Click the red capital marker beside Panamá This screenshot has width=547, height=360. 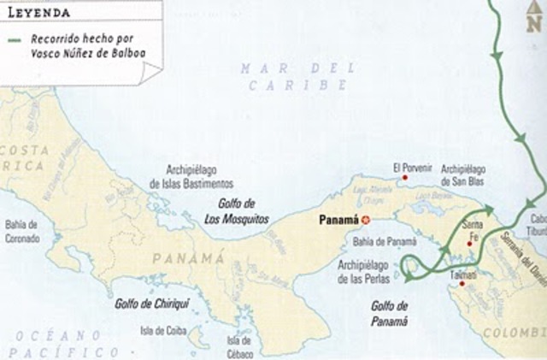pyautogui.click(x=366, y=220)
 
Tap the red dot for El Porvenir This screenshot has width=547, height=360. pyautogui.click(x=405, y=178)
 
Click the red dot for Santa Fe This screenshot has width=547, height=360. pyautogui.click(x=469, y=244)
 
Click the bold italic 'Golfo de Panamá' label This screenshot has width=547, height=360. pyautogui.click(x=390, y=313)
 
